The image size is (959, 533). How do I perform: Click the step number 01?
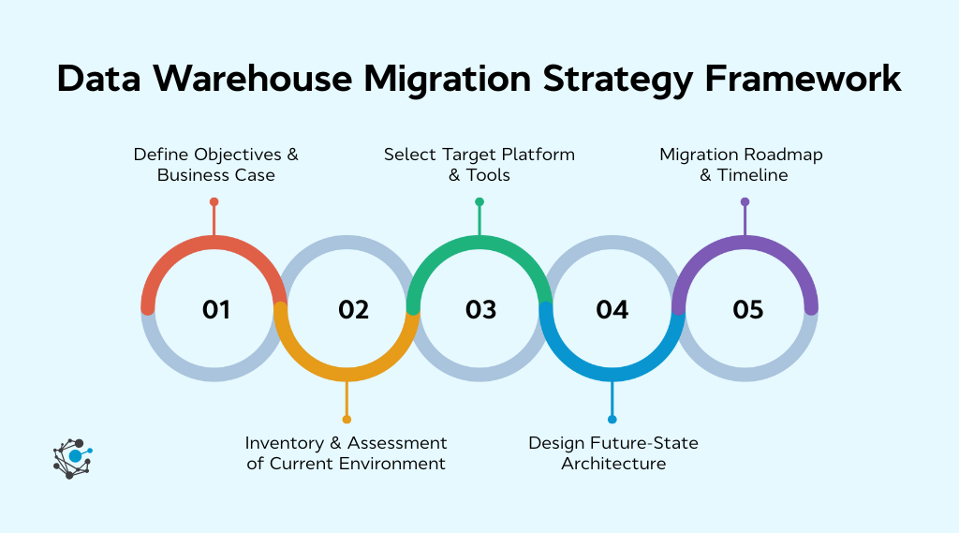[216, 309]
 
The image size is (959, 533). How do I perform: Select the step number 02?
[353, 309]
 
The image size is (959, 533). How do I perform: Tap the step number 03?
[480, 309]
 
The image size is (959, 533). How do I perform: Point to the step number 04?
[612, 309]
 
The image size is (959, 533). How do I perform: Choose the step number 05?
[748, 309]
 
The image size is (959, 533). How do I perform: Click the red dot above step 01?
[214, 201]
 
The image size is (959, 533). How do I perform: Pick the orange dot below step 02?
[347, 419]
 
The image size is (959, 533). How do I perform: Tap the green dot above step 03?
[479, 201]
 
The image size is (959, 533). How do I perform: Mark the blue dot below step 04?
[612, 419]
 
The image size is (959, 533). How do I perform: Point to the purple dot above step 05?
[745, 201]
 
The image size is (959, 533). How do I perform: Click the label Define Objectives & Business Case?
[215, 164]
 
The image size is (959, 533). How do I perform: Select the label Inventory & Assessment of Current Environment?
[347, 452]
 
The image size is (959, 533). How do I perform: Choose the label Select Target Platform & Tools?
[479, 164]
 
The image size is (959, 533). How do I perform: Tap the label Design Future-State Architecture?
[613, 452]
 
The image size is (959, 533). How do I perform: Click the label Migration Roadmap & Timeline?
[741, 164]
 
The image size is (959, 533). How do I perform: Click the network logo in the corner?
[73, 458]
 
